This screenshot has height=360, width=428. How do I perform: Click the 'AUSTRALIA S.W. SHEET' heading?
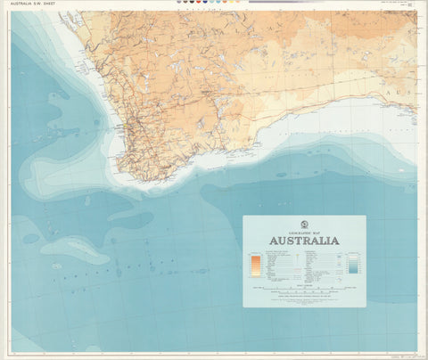[x=34, y=4]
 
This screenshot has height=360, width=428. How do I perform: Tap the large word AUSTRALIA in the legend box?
[x=304, y=241]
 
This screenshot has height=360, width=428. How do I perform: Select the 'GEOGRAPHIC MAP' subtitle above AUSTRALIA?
[x=304, y=230]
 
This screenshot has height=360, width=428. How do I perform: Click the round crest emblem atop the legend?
[x=304, y=223]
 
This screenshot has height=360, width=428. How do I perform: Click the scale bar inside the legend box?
[x=304, y=288]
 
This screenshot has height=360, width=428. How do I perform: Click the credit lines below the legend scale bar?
[x=304, y=299]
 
